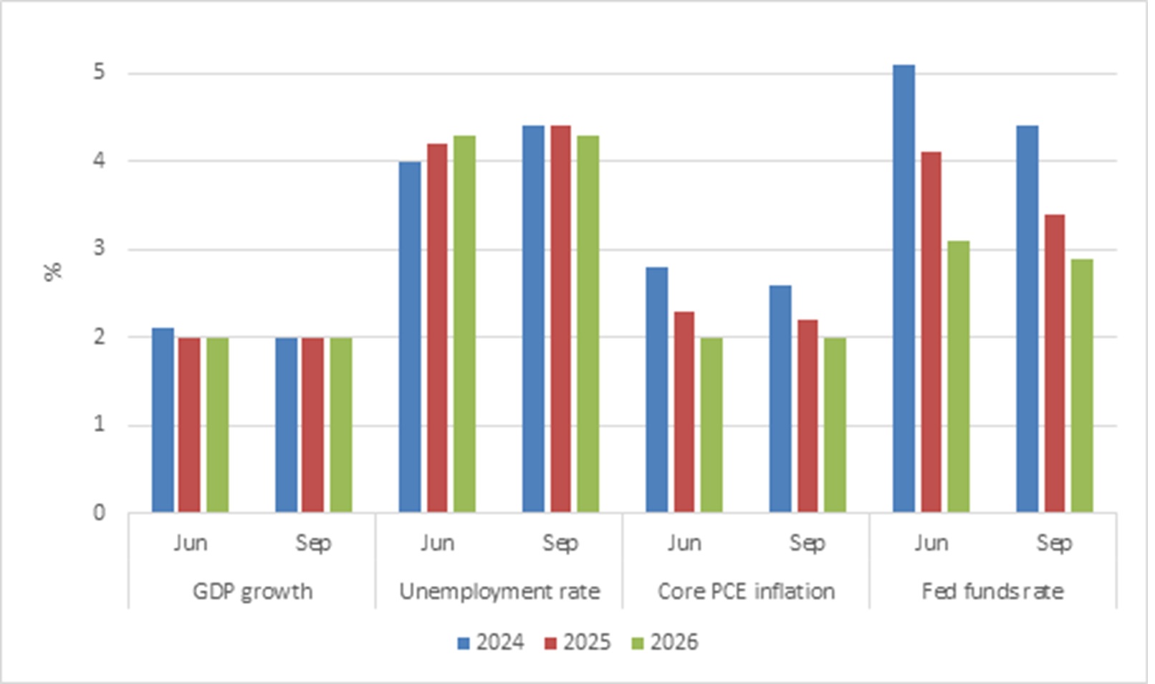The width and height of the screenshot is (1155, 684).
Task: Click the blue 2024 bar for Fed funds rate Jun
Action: point(904,289)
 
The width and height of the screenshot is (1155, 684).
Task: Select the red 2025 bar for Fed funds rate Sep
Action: point(1055,363)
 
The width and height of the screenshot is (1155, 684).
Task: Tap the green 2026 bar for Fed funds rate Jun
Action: point(959,377)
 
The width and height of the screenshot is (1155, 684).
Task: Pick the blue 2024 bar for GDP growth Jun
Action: point(163,420)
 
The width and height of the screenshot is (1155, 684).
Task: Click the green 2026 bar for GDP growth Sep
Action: point(341,425)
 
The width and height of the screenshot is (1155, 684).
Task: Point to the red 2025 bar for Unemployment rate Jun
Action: point(437,328)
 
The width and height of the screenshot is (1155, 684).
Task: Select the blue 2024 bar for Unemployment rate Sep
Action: point(533,319)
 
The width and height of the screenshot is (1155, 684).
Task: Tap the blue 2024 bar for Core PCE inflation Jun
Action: point(657,390)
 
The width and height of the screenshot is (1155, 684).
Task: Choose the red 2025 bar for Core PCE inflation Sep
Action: point(807,416)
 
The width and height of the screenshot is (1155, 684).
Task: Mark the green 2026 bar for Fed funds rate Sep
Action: point(1082,386)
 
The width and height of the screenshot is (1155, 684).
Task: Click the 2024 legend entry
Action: point(491,642)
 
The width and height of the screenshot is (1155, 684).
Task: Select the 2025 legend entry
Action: point(578,642)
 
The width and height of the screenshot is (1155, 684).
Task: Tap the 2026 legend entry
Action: point(665,642)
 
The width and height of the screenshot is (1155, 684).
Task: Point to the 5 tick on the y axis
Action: point(99,72)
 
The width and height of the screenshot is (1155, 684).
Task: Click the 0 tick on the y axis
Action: point(99,513)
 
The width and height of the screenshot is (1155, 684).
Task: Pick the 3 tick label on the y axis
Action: point(99,249)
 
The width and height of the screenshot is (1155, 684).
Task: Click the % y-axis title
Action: point(52,271)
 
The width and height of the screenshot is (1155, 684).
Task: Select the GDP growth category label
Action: point(253,592)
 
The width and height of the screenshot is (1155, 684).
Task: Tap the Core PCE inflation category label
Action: point(746,591)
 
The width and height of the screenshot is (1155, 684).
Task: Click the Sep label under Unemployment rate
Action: point(560,544)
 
